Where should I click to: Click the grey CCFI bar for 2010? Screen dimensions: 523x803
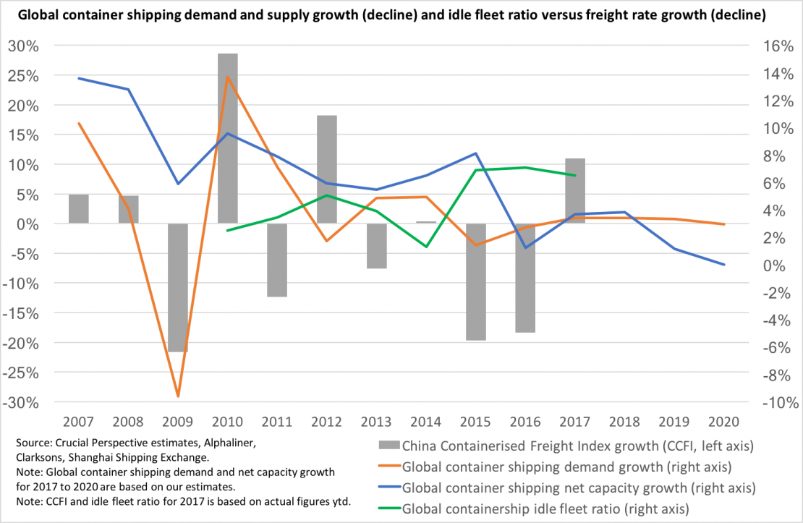(228, 137)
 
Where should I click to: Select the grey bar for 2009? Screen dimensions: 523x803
(178, 287)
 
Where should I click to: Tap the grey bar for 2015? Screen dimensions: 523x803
(476, 281)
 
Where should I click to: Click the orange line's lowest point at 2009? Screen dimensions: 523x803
(178, 396)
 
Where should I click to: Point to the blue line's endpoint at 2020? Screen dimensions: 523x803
(724, 265)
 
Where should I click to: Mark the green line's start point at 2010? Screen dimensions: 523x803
(228, 231)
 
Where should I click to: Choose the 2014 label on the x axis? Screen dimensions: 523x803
(426, 421)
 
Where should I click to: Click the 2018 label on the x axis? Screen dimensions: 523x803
(624, 421)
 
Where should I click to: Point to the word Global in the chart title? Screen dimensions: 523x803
(33, 14)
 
